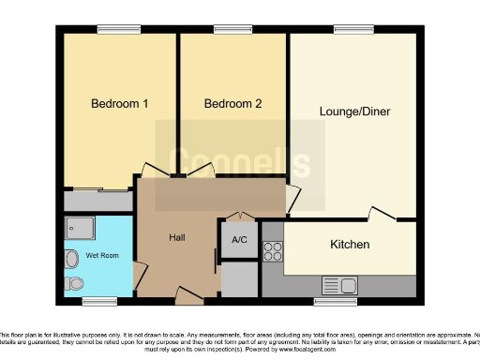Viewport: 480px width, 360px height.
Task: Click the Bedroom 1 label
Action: (x=119, y=104)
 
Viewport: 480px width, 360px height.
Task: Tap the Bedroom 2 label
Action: (x=232, y=104)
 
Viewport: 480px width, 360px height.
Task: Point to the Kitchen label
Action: (x=350, y=245)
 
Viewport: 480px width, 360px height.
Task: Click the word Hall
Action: (x=176, y=238)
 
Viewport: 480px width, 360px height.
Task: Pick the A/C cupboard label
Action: (x=239, y=240)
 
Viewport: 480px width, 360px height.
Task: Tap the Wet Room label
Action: (x=102, y=254)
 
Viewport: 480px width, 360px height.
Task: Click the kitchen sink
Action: (x=339, y=284)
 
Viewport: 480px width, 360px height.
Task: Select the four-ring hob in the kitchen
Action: (x=273, y=251)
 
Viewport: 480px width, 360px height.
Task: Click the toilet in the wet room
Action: (x=74, y=282)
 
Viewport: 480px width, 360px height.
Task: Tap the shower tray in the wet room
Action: (x=76, y=228)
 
